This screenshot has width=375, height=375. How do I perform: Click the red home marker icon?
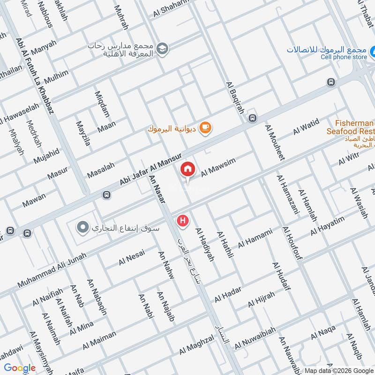click(x=188, y=169)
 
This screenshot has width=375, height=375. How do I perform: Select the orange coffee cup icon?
click(x=205, y=127)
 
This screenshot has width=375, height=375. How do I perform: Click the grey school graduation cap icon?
click(x=163, y=48)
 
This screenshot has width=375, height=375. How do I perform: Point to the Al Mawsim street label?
click(x=218, y=167)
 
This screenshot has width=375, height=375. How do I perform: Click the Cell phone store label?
click(x=344, y=57)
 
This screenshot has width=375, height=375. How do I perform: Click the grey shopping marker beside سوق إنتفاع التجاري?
click(x=83, y=228)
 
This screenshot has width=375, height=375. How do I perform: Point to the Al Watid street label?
click(x=306, y=126)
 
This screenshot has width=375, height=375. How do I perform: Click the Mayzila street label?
click(x=83, y=134)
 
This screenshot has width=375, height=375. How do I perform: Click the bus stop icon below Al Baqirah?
click(x=253, y=118)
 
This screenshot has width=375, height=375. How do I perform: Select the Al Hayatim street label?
click(x=327, y=226)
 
